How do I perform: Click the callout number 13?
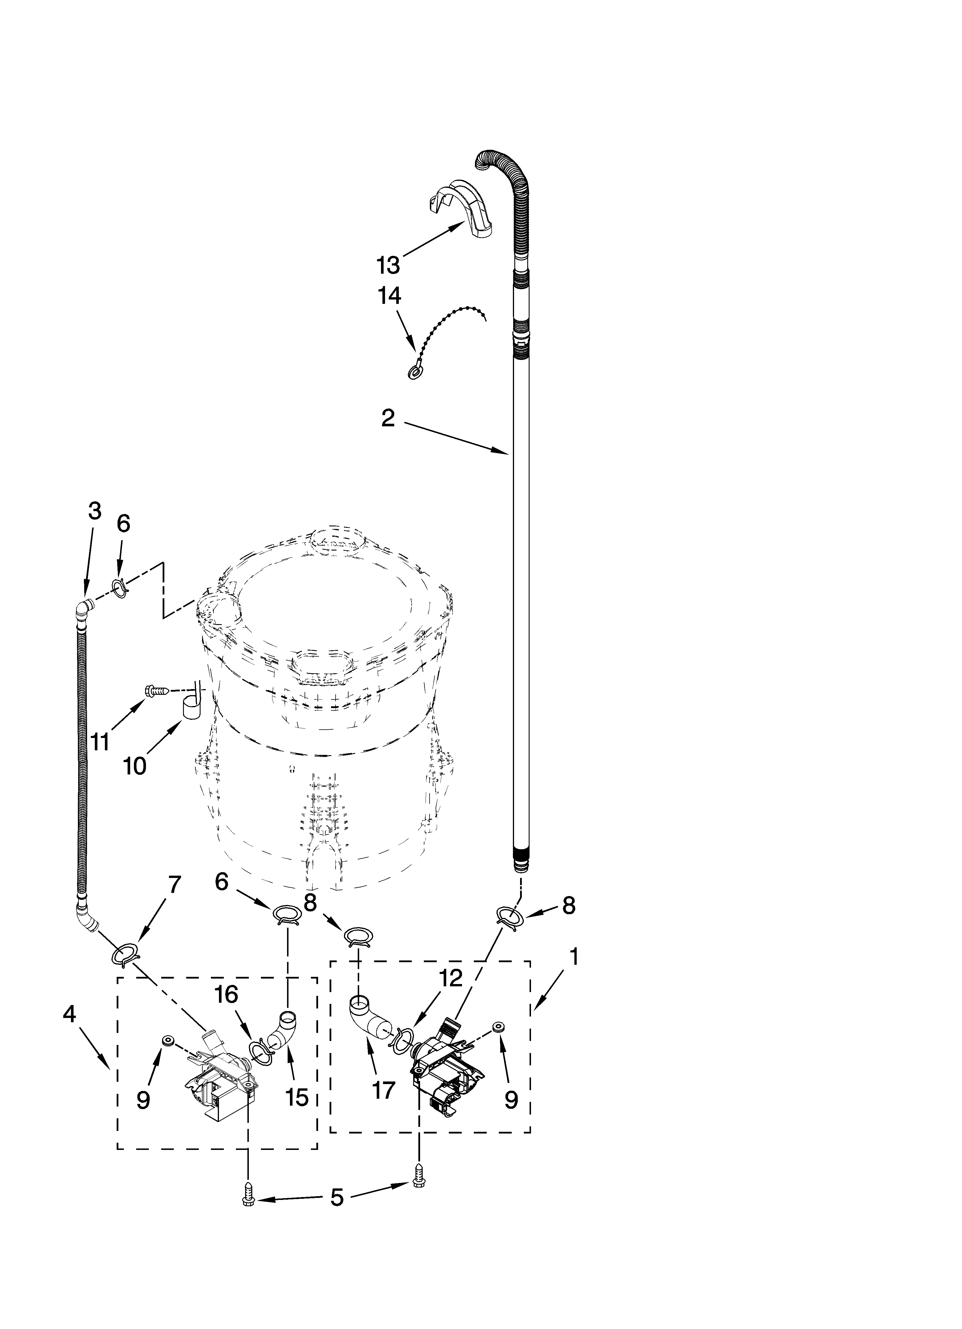[x=388, y=265]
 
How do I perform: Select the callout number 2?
[x=388, y=418]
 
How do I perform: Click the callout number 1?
[x=574, y=957]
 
